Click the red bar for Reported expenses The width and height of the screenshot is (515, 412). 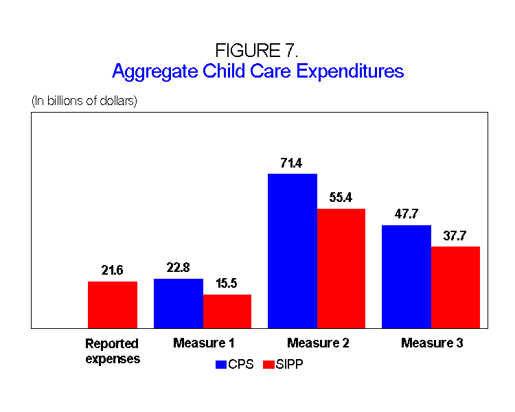(113, 305)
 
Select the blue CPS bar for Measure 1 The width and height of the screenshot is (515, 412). (179, 304)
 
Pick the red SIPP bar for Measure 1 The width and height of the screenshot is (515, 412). (227, 311)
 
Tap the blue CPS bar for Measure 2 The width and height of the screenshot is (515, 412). (293, 251)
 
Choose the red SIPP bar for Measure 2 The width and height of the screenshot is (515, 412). (341, 268)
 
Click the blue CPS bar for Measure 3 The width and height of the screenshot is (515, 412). (407, 277)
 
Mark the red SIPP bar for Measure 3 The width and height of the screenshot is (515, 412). (455, 287)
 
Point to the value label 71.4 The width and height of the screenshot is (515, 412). (293, 163)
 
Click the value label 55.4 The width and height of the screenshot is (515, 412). (341, 198)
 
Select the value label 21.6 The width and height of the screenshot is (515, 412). (113, 271)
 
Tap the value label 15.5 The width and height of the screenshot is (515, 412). (227, 284)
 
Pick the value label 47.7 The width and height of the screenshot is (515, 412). (407, 214)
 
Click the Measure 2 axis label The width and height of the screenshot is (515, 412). (318, 343)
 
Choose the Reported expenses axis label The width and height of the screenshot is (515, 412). (113, 350)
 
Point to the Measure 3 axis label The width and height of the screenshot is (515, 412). (432, 343)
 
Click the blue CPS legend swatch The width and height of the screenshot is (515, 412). (222, 365)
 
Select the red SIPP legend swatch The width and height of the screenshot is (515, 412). (268, 365)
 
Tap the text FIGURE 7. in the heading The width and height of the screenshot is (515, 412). (257, 51)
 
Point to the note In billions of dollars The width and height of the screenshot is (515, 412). (84, 101)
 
